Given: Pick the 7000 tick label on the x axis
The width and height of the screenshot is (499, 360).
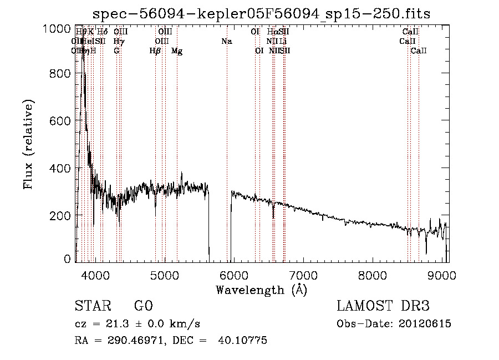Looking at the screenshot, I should click(x=303, y=275).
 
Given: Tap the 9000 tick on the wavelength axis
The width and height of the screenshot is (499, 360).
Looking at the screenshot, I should click(x=442, y=275).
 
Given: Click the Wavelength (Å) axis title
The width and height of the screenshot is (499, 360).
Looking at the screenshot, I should click(x=261, y=290).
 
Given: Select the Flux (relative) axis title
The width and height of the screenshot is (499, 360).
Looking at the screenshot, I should click(x=29, y=144).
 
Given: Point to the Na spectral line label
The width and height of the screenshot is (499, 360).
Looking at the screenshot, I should click(x=226, y=42).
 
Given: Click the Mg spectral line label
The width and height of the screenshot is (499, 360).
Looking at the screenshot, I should click(x=177, y=51).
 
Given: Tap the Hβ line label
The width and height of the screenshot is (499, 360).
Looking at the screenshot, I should click(x=155, y=51).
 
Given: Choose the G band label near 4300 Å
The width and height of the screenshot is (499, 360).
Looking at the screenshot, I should click(x=116, y=51).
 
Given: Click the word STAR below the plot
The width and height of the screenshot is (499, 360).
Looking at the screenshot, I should click(x=93, y=306).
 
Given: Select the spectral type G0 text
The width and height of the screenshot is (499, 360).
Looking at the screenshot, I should click(x=143, y=306).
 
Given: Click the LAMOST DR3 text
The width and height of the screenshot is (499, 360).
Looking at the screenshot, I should click(x=383, y=306).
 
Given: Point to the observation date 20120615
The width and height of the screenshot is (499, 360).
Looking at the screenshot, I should click(x=427, y=324).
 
